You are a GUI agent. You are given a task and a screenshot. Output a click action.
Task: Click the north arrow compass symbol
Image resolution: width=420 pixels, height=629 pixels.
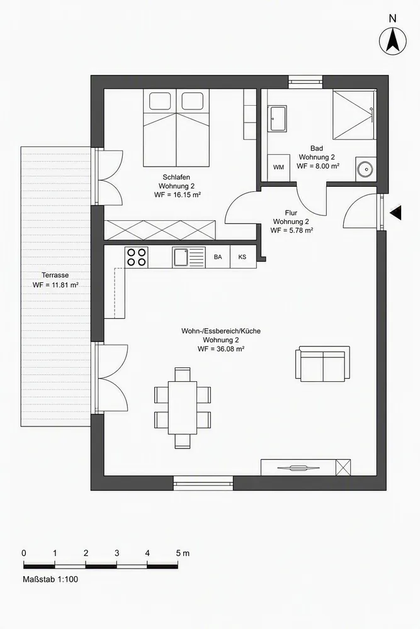393,41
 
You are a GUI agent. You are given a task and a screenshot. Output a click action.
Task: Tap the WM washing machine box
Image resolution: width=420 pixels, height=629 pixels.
279,167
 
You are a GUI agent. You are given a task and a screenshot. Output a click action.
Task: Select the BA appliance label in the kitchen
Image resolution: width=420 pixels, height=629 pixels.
218,257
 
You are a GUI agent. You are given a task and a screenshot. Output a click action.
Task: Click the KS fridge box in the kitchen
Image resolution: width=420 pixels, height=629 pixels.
242,257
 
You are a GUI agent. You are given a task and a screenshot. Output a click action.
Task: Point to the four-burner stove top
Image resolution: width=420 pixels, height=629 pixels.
137,257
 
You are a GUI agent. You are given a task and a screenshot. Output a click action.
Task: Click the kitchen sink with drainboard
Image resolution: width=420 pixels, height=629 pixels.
189,257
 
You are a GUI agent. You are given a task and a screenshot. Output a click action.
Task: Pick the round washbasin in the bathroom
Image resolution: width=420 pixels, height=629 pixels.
366,169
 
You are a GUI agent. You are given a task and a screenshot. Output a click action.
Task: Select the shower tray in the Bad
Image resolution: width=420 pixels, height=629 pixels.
354,114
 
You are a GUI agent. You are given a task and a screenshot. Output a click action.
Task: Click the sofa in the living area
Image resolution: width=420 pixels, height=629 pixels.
323,364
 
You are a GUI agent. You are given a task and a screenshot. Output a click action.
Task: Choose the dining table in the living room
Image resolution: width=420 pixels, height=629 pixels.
183,408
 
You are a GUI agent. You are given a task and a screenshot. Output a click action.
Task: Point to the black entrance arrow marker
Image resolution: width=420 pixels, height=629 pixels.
395,213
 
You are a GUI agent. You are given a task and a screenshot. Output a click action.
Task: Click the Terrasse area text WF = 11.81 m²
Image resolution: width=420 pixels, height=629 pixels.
55,285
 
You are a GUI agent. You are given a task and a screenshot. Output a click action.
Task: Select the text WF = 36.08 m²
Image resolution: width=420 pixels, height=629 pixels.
221,349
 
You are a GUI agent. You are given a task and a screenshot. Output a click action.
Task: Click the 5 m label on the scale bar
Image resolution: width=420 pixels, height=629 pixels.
183,553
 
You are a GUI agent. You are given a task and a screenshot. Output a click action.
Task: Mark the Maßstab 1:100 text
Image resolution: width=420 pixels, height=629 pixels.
50,579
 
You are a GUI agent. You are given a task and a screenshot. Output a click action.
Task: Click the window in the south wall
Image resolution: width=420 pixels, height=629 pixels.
203,482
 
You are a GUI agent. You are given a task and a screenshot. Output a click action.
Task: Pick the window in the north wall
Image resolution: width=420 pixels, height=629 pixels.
305,82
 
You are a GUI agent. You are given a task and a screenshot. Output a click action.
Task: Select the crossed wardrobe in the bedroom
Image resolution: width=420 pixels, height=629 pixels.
160,230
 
